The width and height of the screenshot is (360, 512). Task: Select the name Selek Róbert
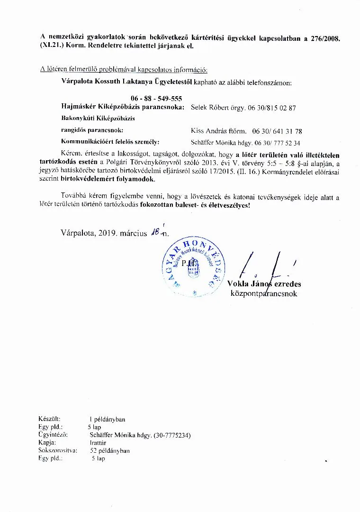[x=208, y=108]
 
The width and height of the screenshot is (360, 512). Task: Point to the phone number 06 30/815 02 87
[x=272, y=108]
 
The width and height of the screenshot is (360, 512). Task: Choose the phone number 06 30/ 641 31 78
[x=277, y=131]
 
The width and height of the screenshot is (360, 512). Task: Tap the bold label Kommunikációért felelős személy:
[x=110, y=142]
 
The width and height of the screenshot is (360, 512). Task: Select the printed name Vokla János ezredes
[x=264, y=284]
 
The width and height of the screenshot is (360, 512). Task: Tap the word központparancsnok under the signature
[x=263, y=294]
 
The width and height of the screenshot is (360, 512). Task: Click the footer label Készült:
[x=49, y=419]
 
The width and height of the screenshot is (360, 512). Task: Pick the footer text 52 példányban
[x=110, y=450]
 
